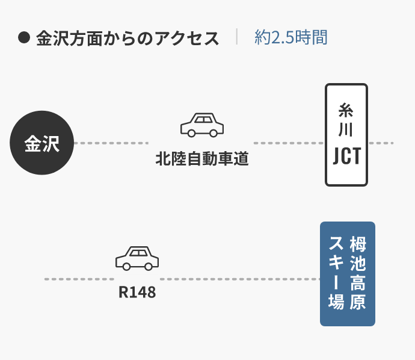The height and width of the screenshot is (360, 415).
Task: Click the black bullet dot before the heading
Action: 24,38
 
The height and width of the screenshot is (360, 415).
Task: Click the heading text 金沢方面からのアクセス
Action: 128,39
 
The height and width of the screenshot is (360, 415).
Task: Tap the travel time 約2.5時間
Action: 291,38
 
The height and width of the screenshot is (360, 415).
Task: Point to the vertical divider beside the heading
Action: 237,37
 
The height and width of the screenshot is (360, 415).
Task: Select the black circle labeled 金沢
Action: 42,143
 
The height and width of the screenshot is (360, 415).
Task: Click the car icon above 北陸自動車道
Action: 202,125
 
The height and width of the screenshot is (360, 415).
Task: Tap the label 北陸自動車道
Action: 202,160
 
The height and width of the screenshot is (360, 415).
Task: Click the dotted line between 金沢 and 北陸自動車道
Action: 111,143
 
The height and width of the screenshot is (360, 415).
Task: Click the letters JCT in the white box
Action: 346,156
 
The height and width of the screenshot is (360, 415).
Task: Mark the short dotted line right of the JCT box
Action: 381,143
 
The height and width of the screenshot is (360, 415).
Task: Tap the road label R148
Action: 137,293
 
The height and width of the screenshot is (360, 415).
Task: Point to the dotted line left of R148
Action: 78,279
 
